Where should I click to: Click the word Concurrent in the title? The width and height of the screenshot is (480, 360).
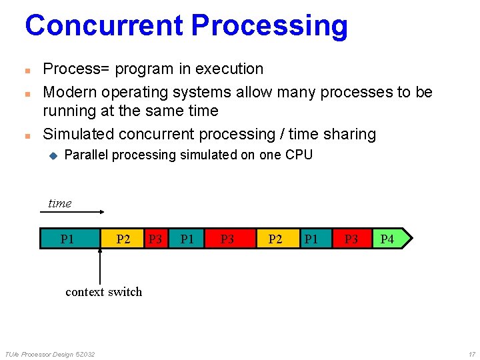tap(104, 25)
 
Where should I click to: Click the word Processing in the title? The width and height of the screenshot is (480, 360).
tap(269, 25)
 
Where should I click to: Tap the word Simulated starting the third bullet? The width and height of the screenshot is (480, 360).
tap(78, 134)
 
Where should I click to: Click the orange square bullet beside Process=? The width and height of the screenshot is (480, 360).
tap(27, 70)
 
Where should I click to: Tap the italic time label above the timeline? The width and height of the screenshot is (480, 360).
tap(59, 203)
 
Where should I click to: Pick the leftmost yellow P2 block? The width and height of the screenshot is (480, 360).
tap(123, 238)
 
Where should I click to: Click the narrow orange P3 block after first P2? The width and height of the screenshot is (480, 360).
tap(155, 238)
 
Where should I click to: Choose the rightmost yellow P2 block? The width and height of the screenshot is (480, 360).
tap(275, 238)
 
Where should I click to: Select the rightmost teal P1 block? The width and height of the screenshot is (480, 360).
tap(311, 238)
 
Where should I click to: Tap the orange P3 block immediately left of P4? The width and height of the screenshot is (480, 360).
tap(351, 238)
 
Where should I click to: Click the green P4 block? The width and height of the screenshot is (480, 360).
tap(389, 238)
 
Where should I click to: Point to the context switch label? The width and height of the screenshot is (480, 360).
tap(103, 292)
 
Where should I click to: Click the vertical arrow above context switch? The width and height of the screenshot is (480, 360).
tap(100, 267)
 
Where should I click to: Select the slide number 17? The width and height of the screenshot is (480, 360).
tap(471, 353)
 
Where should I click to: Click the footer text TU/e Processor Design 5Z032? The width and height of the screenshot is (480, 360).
tap(49, 353)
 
